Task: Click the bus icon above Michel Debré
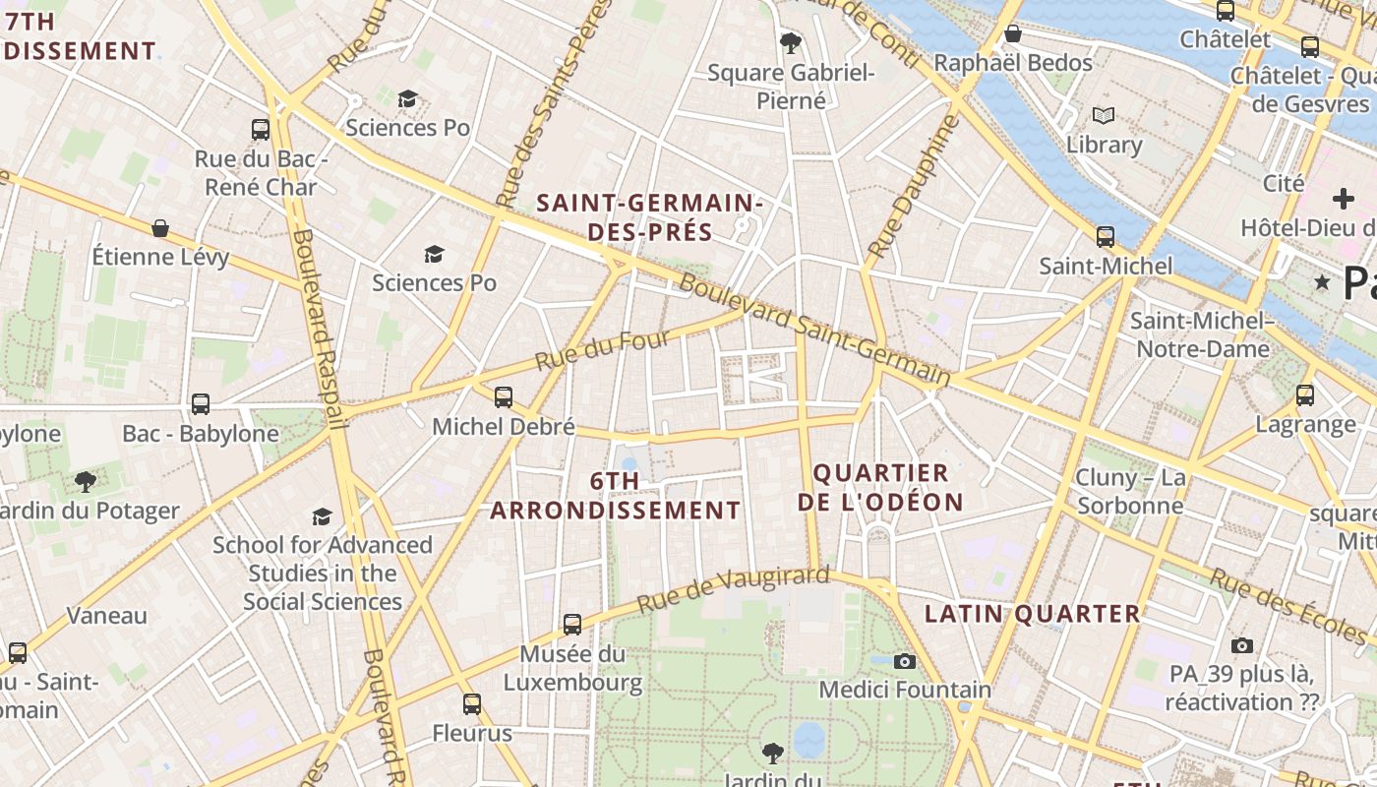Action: point(504,397)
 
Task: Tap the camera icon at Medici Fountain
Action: point(905,661)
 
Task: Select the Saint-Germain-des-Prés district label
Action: point(649,217)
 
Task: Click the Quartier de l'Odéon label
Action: point(880,488)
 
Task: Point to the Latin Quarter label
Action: point(1032,614)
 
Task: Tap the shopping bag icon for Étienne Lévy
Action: point(160,228)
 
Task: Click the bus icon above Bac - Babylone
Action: point(201,403)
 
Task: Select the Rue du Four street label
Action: point(603,351)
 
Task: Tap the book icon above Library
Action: point(1105,116)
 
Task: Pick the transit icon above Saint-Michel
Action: point(1106,236)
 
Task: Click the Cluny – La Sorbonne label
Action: point(1130,492)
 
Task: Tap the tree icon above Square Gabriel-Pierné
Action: point(790,42)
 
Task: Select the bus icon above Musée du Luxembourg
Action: point(572,624)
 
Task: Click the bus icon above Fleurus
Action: point(472,703)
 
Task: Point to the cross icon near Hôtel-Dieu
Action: point(1343,198)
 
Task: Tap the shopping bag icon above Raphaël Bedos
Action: point(1013,34)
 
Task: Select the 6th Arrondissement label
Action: point(616,495)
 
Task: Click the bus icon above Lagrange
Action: point(1305,395)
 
